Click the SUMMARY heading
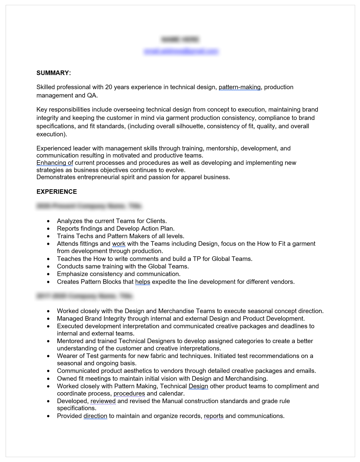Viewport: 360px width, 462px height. [x=53, y=73]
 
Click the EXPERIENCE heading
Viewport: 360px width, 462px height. [x=57, y=192]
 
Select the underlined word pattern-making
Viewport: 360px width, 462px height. [x=240, y=87]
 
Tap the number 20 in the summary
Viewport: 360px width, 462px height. [x=109, y=87]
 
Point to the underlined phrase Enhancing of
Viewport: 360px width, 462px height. [x=55, y=163]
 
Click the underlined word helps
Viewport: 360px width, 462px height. [x=142, y=282]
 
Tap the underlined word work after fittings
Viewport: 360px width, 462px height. [x=119, y=243]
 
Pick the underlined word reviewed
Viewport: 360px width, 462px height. [x=103, y=401]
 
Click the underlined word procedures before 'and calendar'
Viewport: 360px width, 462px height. [x=129, y=393]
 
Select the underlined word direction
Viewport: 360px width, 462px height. [x=95, y=416]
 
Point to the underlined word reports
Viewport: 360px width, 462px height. [x=214, y=416]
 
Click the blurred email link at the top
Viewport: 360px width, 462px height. [x=181, y=51]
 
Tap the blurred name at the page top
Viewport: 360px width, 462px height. [x=180, y=39]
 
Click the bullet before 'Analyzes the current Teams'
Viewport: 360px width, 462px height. [x=48, y=221]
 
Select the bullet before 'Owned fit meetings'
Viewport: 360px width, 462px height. [x=48, y=379]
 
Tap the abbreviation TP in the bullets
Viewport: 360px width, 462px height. [x=197, y=259]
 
